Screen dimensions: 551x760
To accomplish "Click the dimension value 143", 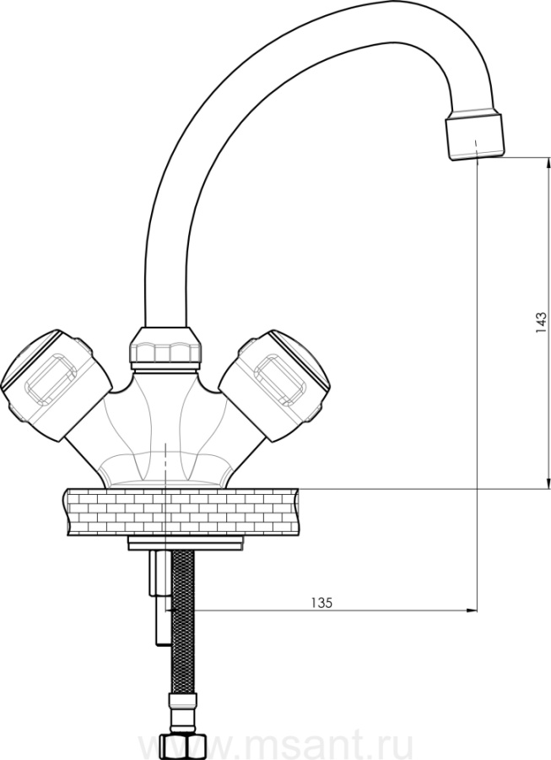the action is (542, 323).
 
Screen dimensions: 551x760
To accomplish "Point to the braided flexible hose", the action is (183, 622).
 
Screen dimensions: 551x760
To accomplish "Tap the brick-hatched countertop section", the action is (180, 513).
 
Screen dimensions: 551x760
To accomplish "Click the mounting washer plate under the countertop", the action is (185, 543).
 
